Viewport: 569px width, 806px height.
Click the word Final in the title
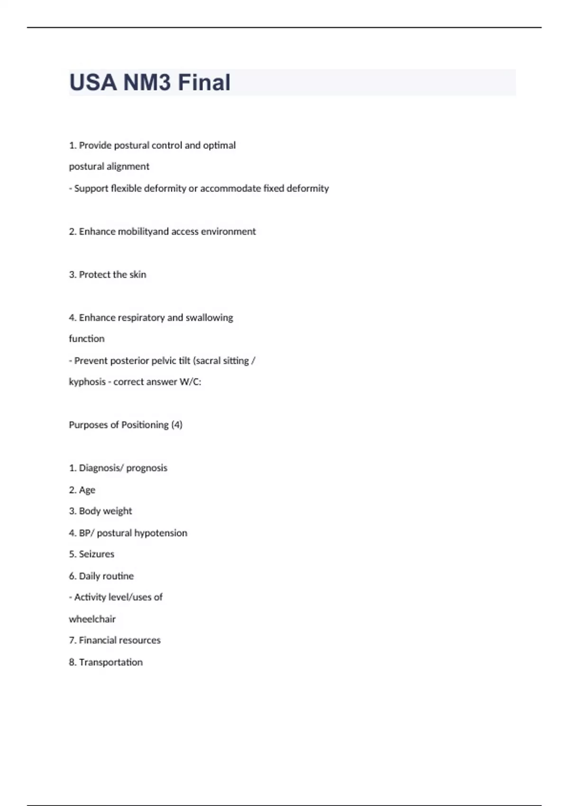(x=204, y=82)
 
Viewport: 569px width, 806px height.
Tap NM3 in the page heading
(x=147, y=82)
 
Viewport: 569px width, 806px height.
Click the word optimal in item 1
(x=219, y=146)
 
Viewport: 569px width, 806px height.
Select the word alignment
(x=128, y=166)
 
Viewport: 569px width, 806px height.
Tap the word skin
(x=138, y=275)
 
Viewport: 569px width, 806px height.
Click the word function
(x=87, y=339)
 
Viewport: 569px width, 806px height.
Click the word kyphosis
(x=87, y=382)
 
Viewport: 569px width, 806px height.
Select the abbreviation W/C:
(x=190, y=382)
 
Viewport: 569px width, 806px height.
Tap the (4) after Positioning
(x=176, y=425)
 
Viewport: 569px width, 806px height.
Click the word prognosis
(x=147, y=468)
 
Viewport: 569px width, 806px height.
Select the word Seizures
(x=96, y=554)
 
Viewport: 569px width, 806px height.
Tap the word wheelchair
(x=92, y=619)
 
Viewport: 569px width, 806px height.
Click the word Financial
(x=99, y=641)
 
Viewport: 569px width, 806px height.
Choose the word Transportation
(x=110, y=662)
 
